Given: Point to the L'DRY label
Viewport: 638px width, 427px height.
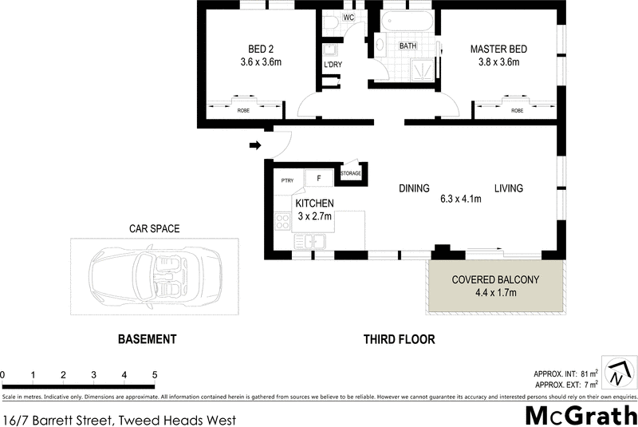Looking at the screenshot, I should (x=333, y=64).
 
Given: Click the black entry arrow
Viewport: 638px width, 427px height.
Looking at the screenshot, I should (x=255, y=145).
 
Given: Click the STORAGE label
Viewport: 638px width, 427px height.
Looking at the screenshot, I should (x=351, y=173).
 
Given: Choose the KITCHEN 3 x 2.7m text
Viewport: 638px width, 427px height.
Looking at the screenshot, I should (x=314, y=210).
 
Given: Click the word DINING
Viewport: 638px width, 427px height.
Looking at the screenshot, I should (x=414, y=189).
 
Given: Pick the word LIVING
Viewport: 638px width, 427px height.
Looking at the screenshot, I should (x=508, y=189).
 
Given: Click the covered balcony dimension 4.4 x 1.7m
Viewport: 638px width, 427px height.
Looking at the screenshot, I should (x=496, y=293).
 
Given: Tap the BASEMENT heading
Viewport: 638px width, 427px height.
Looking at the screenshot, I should (x=147, y=339).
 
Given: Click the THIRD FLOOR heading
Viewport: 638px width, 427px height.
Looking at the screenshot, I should (x=399, y=339).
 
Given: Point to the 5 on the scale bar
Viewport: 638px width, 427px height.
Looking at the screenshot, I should (x=154, y=374).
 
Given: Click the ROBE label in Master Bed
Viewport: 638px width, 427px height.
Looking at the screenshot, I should (x=517, y=110).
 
